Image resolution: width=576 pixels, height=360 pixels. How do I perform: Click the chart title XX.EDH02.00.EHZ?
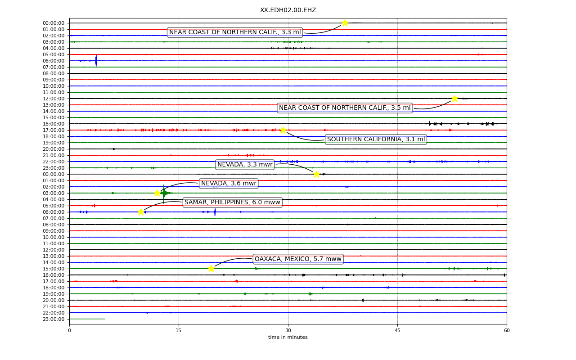point(288,10)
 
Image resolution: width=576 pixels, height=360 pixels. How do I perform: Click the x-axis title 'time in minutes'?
point(288,337)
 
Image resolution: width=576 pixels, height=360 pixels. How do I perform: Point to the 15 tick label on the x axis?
point(179,330)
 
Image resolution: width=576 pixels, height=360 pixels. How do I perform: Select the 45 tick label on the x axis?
point(397,330)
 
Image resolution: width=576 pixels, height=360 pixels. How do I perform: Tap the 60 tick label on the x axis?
point(507,330)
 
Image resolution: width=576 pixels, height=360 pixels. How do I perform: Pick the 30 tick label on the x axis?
point(288,330)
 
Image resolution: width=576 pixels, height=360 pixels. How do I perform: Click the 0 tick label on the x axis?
point(69,330)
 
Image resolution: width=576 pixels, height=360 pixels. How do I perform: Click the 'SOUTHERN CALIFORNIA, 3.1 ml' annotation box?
point(376,139)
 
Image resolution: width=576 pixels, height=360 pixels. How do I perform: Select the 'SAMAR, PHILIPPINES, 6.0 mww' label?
point(232,202)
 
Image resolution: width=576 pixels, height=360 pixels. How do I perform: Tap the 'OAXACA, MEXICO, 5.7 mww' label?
point(298,259)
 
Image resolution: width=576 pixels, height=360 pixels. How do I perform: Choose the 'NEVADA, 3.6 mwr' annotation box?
point(229,184)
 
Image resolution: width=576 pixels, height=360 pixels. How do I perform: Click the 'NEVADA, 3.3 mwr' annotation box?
point(245,165)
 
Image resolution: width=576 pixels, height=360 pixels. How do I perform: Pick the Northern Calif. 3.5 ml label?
point(345,108)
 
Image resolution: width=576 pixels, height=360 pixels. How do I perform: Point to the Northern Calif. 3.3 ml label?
point(235,32)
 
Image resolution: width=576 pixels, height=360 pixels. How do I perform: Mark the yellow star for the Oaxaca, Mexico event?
point(211,269)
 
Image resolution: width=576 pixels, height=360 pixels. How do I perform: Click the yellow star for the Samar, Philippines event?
point(141,212)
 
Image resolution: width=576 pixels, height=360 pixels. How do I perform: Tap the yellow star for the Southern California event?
point(283,130)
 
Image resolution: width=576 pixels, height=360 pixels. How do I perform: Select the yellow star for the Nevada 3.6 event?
point(157,193)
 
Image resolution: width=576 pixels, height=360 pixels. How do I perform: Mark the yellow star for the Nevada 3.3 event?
point(316,174)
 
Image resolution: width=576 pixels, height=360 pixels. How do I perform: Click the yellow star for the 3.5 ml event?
point(454,99)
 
